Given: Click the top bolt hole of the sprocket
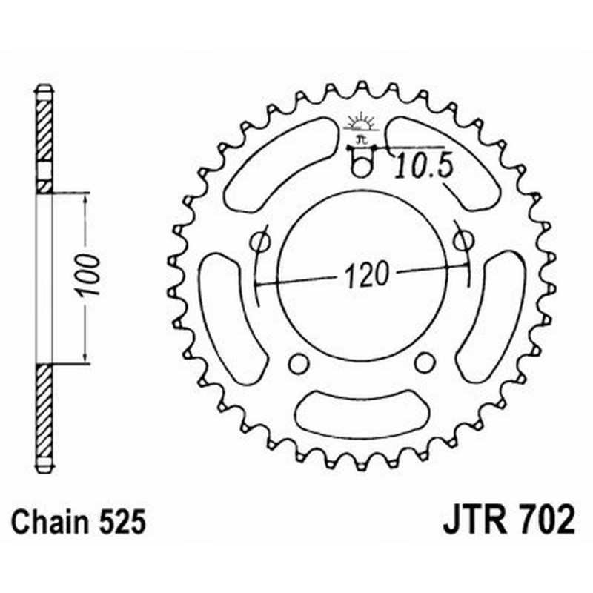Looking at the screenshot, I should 361,168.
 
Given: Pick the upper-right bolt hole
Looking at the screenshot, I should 463,241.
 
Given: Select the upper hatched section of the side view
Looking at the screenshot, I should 44,130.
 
